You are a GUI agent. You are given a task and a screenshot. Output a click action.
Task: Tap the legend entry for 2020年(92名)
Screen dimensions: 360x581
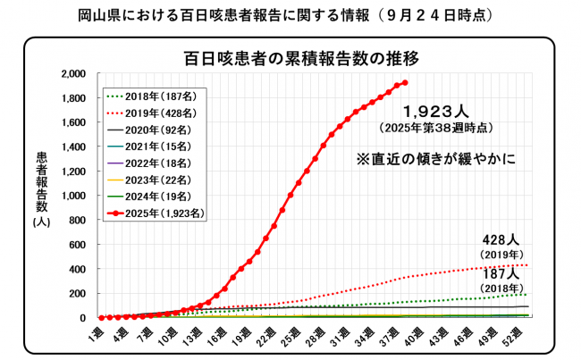(x=151, y=130)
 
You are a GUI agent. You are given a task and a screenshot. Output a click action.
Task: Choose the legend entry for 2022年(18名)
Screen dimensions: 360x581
(x=151, y=164)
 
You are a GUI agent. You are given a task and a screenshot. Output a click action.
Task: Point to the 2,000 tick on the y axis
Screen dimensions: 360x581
(x=72, y=74)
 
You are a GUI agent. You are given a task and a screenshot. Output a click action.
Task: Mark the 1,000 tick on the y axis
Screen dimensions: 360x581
(x=72, y=196)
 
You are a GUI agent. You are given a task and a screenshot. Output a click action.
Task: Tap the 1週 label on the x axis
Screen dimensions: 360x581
(x=99, y=331)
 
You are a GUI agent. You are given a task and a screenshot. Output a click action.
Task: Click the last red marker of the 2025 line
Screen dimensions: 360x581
(x=405, y=83)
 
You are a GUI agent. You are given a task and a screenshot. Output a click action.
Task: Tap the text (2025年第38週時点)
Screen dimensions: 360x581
(x=437, y=129)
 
